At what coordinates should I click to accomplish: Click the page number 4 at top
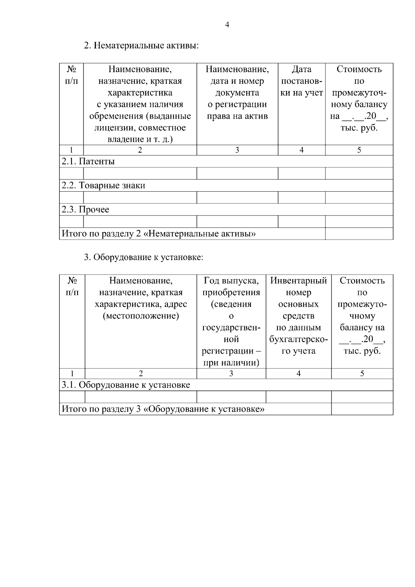point(227,25)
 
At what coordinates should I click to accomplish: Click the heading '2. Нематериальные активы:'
point(141,45)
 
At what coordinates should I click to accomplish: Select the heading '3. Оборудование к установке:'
point(144,257)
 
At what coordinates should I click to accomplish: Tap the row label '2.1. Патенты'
point(88,162)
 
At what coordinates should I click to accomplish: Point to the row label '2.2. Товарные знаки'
point(103,185)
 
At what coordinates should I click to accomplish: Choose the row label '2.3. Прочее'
point(85,210)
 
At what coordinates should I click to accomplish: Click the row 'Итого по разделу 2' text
point(159,234)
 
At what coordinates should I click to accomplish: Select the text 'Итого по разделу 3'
point(163,409)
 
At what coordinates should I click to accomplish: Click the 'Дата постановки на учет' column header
point(302,81)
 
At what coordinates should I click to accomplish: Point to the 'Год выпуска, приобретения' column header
point(231,286)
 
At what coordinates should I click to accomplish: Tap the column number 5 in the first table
point(359,150)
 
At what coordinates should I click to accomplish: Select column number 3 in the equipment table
point(231,374)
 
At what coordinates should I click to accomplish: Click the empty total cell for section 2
point(359,234)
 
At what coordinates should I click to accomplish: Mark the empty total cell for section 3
point(362,409)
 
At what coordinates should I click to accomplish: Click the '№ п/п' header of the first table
point(71,75)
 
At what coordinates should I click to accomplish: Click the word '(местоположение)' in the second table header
point(141,316)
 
